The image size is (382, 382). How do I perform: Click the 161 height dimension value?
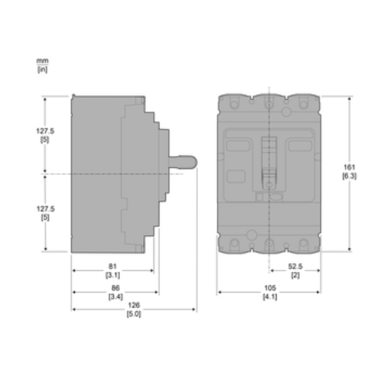(x=349, y=167)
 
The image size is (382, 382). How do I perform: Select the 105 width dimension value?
(x=270, y=288)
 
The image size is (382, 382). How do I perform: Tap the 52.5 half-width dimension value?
(x=296, y=267)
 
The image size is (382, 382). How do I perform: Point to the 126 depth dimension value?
(x=134, y=305)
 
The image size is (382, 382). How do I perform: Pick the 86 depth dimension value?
(x=115, y=288)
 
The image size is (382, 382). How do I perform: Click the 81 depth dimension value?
(x=112, y=267)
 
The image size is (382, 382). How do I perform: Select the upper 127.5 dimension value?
(x=45, y=131)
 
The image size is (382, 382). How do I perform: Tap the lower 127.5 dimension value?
(x=46, y=209)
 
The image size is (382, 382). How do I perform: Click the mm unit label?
(x=42, y=61)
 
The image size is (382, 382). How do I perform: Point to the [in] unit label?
(x=43, y=70)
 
